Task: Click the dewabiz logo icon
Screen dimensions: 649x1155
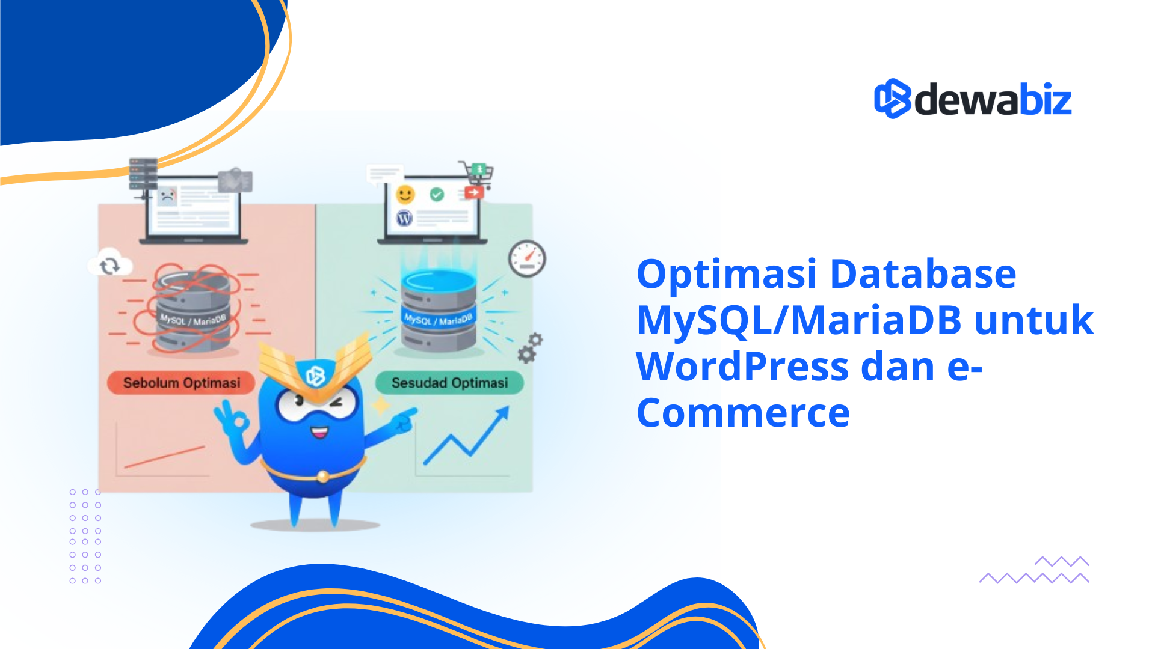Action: [x=893, y=99]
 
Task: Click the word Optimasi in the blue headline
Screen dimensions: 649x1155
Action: [x=726, y=274]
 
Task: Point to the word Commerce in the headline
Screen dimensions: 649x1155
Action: [x=743, y=413]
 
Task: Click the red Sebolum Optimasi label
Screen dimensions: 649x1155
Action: [x=181, y=383]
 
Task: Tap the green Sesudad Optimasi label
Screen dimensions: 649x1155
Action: [x=449, y=383]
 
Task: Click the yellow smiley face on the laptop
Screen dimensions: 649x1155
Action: [x=405, y=194]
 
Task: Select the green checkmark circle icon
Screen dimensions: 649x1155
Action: [x=437, y=194]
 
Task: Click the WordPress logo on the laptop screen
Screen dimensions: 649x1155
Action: [x=404, y=218]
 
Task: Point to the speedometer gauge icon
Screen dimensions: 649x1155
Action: [x=527, y=259]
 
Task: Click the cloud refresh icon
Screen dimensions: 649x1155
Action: [x=109, y=265]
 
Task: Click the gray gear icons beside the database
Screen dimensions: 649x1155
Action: [x=529, y=348]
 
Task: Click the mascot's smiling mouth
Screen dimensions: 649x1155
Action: [x=319, y=431]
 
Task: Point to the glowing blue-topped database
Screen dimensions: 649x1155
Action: [x=439, y=309]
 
